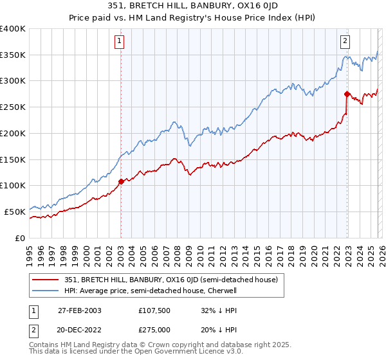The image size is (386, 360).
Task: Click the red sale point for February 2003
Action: click(121, 181)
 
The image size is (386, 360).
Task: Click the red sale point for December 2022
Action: click(347, 94)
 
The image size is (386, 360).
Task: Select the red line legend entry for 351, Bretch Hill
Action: click(170, 280)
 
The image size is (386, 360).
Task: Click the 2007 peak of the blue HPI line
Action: click(173, 122)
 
